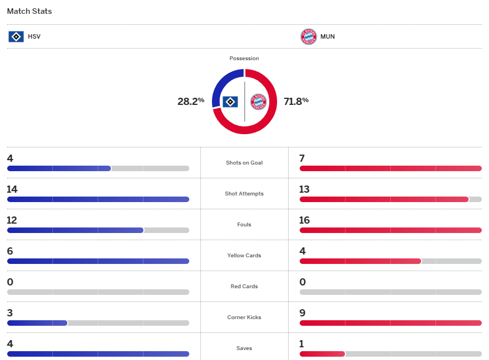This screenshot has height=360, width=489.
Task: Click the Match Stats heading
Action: [29, 11]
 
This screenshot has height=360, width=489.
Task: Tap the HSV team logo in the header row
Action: [16, 37]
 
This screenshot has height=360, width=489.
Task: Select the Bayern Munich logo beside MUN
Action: [308, 37]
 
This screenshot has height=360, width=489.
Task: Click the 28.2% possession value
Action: [190, 101]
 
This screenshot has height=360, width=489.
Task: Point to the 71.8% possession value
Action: [296, 101]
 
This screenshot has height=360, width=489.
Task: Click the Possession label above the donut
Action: [244, 58]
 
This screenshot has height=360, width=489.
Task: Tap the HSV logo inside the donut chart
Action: [230, 102]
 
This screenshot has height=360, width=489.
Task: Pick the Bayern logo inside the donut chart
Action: [258, 102]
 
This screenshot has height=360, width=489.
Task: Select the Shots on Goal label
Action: [244, 163]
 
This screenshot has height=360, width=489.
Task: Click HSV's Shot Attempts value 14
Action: [12, 189]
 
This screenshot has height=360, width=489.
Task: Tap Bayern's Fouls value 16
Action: [304, 220]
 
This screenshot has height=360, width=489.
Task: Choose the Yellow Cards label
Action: [244, 256]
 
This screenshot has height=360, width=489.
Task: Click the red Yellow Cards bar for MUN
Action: [360, 261]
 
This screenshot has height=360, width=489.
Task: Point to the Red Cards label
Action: [244, 287]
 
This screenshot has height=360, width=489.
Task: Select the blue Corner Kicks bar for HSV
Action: [37, 323]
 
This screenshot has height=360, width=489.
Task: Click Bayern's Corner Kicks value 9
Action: [302, 313]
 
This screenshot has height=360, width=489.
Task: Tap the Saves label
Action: [244, 348]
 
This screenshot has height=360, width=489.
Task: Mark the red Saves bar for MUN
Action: [322, 354]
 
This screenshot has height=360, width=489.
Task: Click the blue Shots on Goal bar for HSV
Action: [59, 168]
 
